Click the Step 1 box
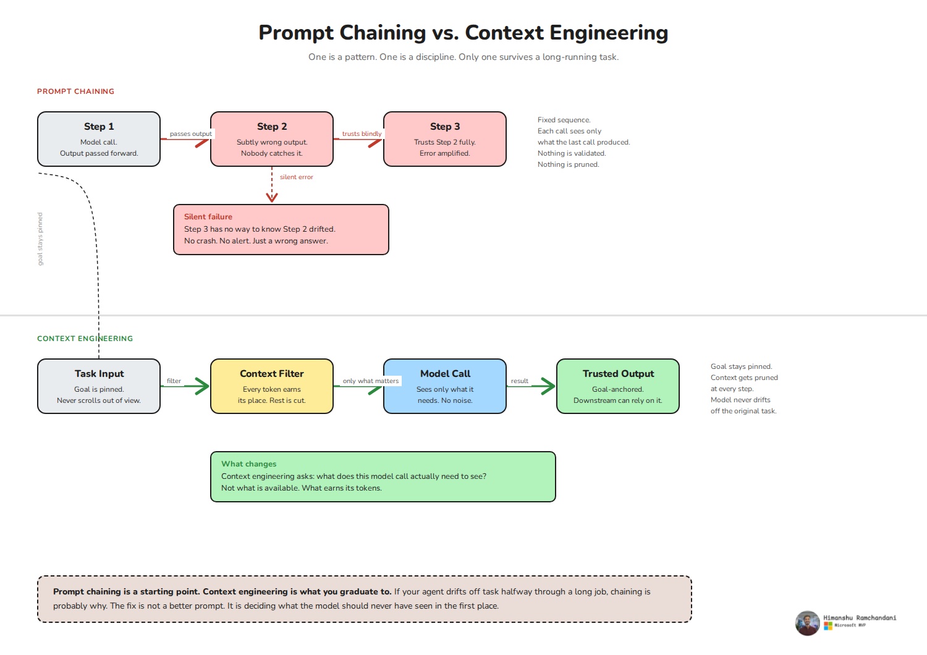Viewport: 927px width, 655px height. point(99,139)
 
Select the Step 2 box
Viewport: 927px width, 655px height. point(272,139)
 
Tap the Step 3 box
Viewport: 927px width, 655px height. point(445,139)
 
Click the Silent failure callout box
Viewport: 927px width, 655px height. point(281,230)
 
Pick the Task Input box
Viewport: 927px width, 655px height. point(99,386)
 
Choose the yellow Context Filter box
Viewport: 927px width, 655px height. point(272,386)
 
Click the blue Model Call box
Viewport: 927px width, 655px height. point(445,386)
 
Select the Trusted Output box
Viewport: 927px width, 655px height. point(618,386)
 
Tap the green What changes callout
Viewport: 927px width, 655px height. point(383,476)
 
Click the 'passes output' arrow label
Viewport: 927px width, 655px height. point(191,133)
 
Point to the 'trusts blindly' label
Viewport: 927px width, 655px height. point(362,133)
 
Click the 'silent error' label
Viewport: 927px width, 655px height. point(296,177)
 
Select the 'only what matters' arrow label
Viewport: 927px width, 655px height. point(370,381)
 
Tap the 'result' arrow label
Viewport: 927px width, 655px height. point(519,381)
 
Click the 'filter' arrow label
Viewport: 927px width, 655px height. point(174,381)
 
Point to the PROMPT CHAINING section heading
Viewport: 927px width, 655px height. point(76,91)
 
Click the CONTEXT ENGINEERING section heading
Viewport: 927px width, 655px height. point(85,339)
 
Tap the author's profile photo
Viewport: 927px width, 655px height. point(807,623)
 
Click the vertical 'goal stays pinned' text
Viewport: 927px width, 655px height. point(40,239)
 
